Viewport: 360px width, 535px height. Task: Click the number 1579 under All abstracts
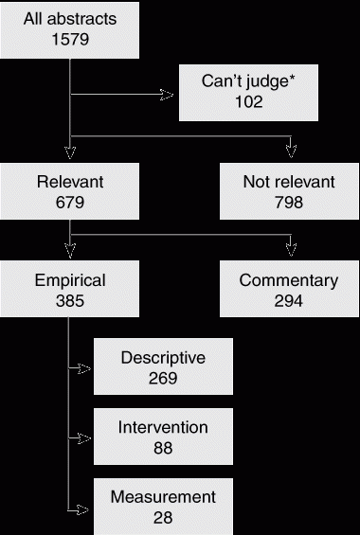(x=70, y=39)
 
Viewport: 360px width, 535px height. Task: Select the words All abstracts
(x=70, y=19)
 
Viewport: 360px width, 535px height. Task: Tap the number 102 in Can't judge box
(x=249, y=102)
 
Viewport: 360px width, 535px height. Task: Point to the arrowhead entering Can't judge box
(x=167, y=95)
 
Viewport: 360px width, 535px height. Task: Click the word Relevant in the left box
(x=70, y=182)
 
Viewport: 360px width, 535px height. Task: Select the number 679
(x=70, y=203)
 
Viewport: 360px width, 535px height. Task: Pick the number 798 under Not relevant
(x=289, y=203)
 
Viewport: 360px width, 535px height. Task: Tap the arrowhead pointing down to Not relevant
(x=291, y=152)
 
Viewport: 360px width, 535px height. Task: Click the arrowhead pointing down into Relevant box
(x=70, y=152)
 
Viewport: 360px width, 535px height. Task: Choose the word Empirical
(x=70, y=280)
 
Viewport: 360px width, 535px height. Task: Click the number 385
(x=70, y=301)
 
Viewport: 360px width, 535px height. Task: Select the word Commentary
(x=289, y=280)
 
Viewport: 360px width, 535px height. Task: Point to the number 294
(x=289, y=301)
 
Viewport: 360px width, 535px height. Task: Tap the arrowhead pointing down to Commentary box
(x=291, y=250)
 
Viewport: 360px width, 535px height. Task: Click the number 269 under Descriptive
(x=163, y=379)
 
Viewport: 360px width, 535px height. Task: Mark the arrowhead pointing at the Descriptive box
(x=84, y=368)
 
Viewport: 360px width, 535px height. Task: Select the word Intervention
(x=163, y=427)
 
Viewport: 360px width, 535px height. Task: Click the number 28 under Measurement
(x=163, y=518)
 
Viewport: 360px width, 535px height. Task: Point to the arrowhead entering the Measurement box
(x=82, y=510)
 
